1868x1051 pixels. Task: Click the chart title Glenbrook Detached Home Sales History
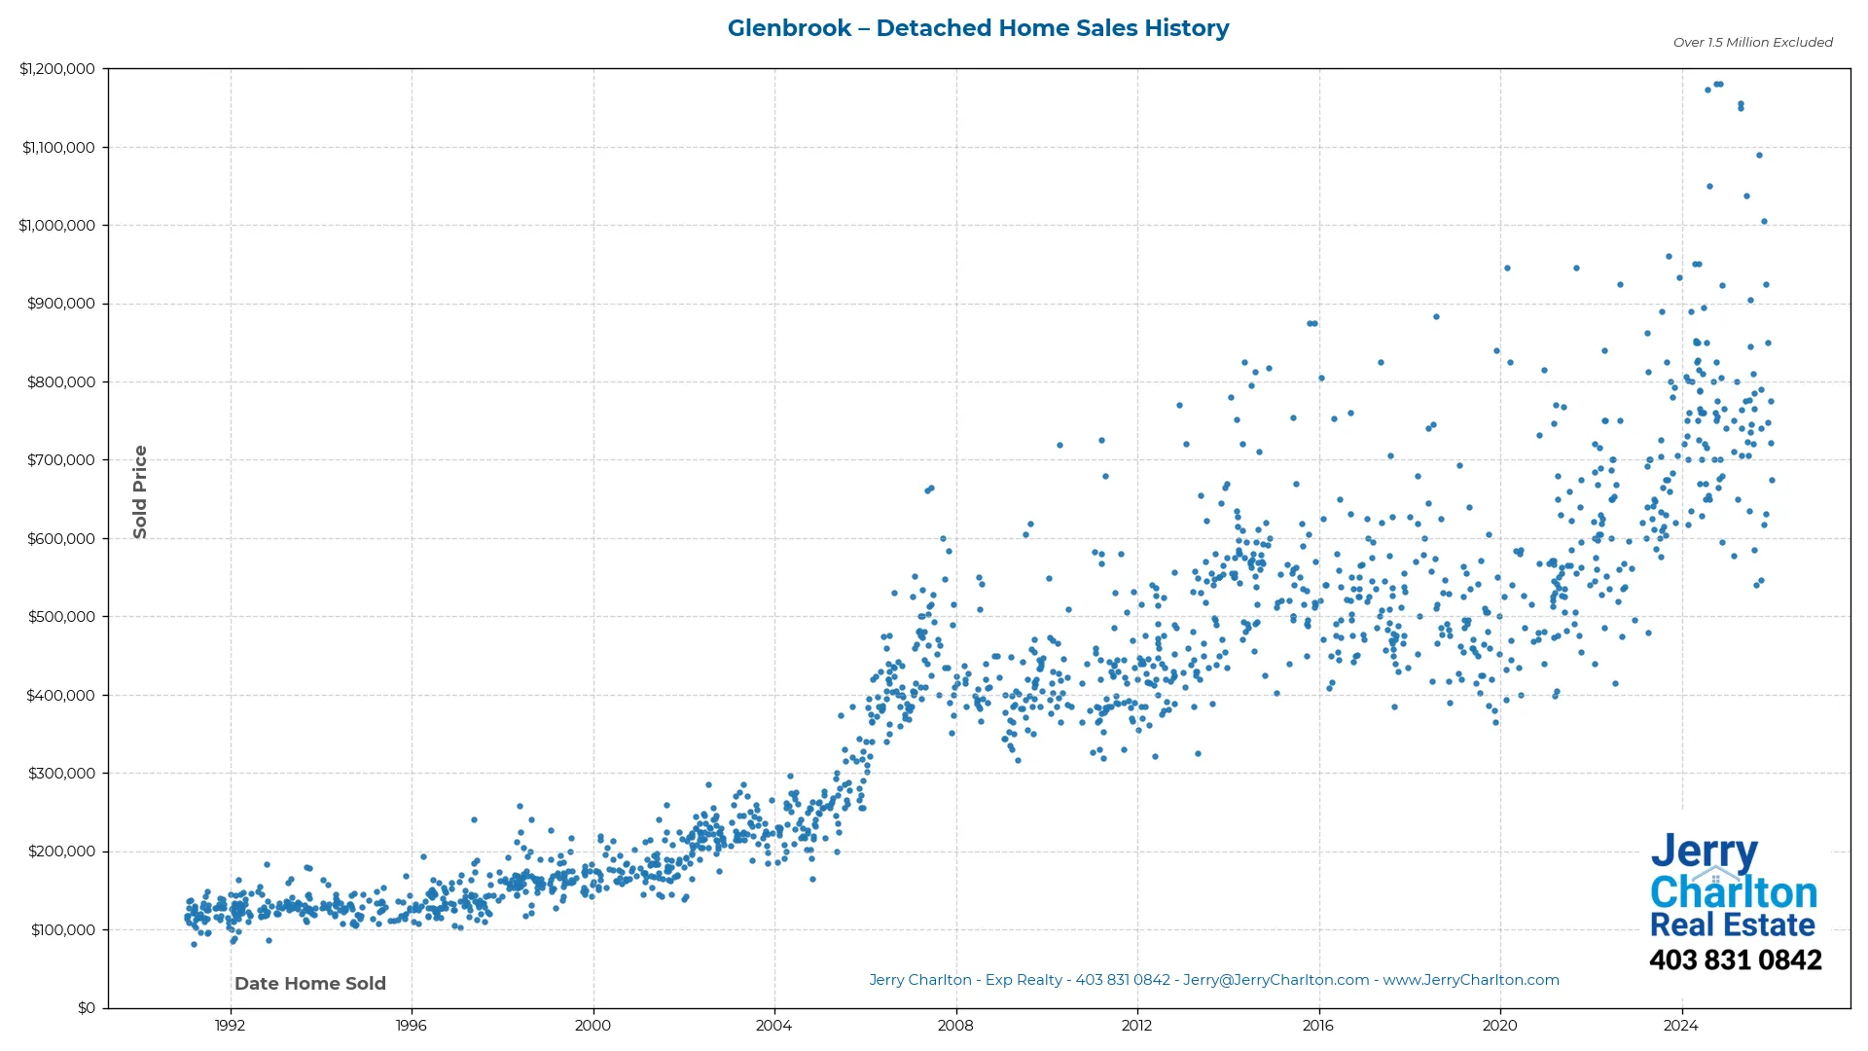[x=978, y=28]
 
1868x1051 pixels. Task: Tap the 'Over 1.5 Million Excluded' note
[x=1752, y=43]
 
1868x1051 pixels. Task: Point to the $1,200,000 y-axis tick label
[x=57, y=69]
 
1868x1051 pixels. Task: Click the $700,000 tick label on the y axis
[x=61, y=460]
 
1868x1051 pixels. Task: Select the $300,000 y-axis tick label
[x=61, y=774]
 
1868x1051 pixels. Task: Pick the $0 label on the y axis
[x=87, y=1008]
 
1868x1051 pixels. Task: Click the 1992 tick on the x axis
[x=230, y=1026]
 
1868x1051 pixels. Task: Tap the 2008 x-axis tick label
[x=955, y=1026]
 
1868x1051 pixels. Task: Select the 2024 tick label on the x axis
[x=1680, y=1026]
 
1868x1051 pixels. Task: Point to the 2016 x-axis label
[x=1318, y=1026]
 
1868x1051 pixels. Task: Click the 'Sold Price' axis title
[x=140, y=491]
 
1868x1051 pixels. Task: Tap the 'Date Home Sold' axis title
[x=310, y=984]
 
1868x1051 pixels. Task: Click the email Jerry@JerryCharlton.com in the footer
[x=1275, y=981]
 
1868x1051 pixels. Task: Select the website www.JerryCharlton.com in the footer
[x=1471, y=981]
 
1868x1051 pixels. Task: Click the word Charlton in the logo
[x=1733, y=892]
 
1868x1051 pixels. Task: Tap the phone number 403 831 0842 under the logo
[x=1735, y=960]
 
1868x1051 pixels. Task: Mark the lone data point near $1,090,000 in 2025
[x=1759, y=156]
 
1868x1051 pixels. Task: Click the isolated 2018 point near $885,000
[x=1436, y=317]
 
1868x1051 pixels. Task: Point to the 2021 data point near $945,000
[x=1576, y=269]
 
